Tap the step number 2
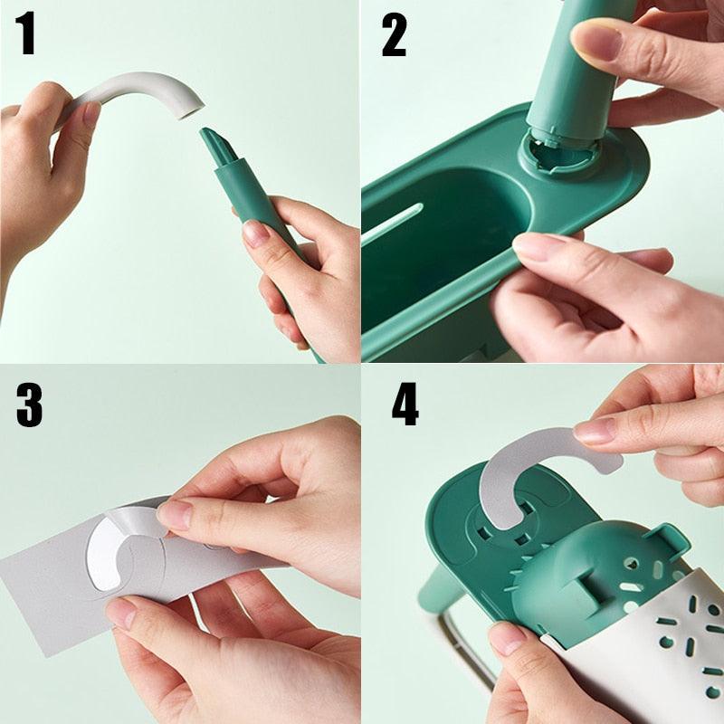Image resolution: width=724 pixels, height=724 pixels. click(x=394, y=36)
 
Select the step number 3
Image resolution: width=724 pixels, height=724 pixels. click(x=29, y=405)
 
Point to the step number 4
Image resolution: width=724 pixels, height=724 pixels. click(x=405, y=405)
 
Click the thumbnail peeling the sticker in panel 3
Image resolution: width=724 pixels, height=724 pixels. click(x=176, y=515)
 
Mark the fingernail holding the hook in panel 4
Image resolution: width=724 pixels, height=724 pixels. click(x=595, y=430)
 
